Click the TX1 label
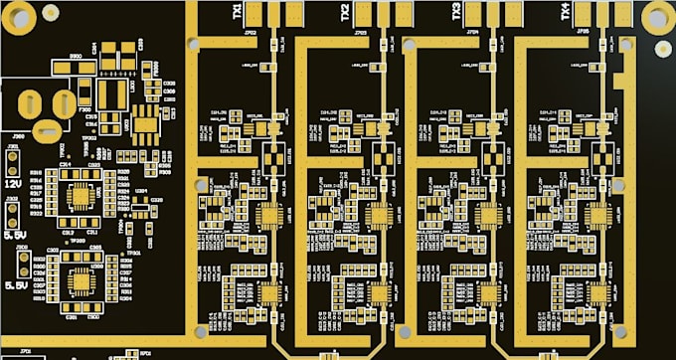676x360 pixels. [237, 12]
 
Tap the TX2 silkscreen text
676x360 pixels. [345, 12]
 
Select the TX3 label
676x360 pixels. [456, 12]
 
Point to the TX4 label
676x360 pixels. [565, 12]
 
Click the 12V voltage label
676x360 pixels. [13, 184]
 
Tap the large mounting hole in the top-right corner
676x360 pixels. [656, 17]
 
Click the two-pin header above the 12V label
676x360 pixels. [13, 163]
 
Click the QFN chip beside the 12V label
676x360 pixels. [79, 193]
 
